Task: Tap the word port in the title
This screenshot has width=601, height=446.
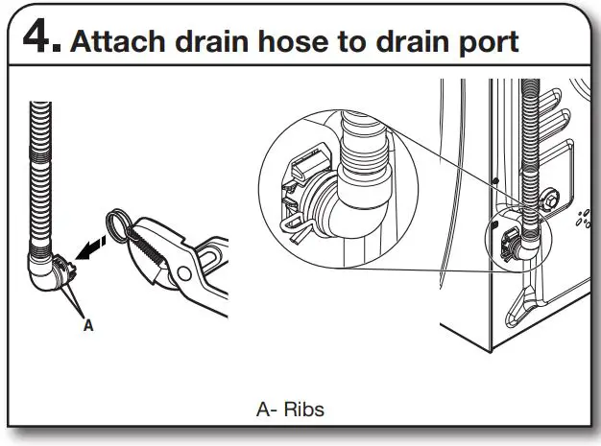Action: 486,42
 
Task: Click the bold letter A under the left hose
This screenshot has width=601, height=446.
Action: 88,325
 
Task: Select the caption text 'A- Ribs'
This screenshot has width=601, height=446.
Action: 291,410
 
